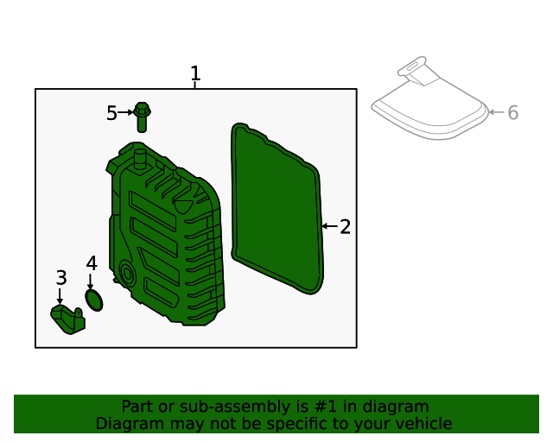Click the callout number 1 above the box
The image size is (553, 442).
[195, 73]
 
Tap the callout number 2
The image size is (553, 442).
[346, 227]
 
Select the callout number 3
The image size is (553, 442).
[61, 278]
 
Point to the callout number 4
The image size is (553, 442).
[92, 263]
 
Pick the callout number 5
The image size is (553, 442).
[111, 113]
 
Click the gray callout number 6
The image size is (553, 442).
[512, 113]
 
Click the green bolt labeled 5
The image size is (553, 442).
[142, 117]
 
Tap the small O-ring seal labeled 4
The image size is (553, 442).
[94, 300]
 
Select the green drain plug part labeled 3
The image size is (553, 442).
[68, 319]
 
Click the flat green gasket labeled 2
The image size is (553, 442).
[277, 208]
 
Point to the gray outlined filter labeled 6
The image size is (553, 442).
[430, 102]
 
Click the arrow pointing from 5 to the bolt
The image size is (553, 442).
[125, 112]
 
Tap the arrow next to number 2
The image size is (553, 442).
[330, 226]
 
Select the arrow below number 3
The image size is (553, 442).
[60, 296]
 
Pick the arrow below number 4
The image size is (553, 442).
[90, 281]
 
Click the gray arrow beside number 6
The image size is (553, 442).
[497, 112]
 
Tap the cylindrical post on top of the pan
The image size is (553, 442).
[140, 161]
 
